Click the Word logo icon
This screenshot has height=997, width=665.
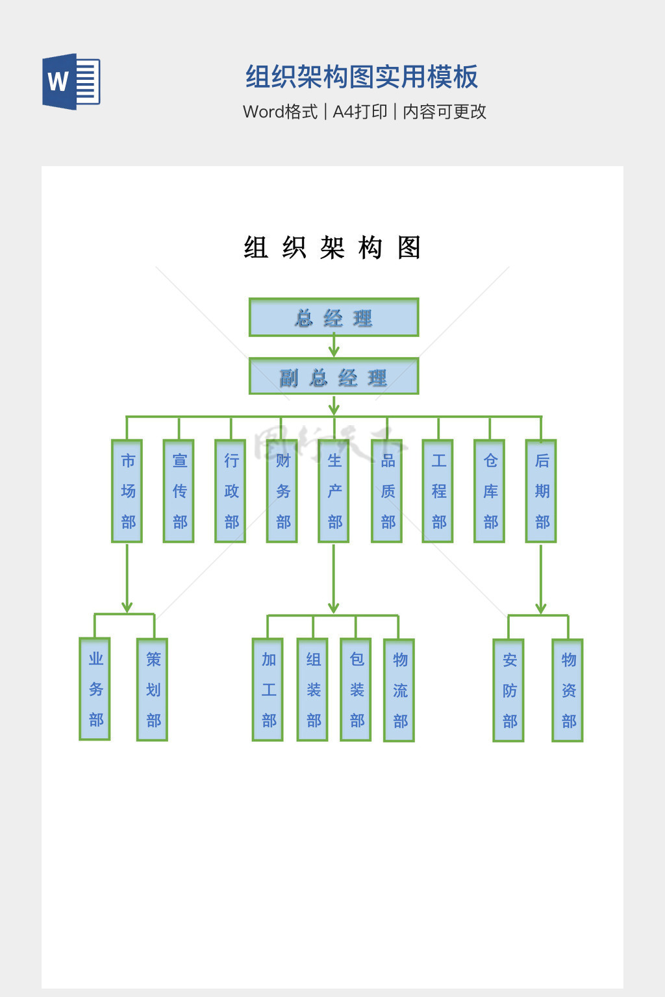pos(71,82)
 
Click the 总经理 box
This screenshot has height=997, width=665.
pos(334,317)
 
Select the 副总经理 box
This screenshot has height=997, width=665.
pos(334,376)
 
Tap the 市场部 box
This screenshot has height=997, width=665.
pos(127,491)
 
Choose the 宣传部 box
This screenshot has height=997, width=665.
pos(179,491)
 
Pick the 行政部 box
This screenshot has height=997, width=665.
pos(231,491)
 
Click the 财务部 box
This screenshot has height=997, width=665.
pos(282,491)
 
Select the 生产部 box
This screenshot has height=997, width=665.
pos(334,491)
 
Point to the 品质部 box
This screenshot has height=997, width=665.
pos(387,491)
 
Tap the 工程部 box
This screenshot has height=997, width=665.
pos(438,491)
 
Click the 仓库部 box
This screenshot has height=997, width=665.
pos(490,491)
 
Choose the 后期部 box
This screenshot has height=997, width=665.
pos(542,491)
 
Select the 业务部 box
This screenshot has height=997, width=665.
pos(95,689)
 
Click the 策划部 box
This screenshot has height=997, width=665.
pos(153,690)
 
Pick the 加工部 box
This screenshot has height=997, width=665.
pos(268,690)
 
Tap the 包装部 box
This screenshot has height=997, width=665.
pos(356,690)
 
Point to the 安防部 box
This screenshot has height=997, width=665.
pos(509,691)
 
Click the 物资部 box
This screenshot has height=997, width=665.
pos(568,691)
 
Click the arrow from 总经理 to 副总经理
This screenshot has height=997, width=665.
pos(334,347)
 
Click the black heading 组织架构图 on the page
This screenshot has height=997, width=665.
pos(332,248)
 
